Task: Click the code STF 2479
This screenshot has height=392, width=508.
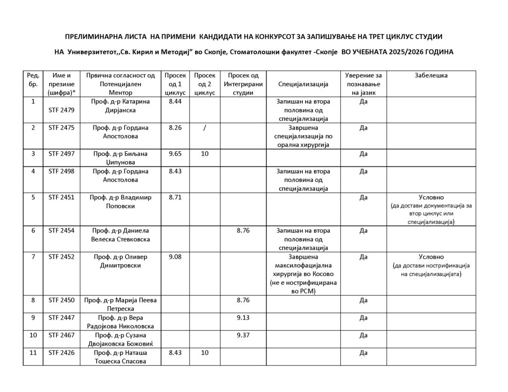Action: [x=62, y=110]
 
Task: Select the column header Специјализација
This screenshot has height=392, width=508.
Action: [x=303, y=84]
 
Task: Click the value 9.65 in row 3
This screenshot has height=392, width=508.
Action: [x=175, y=154]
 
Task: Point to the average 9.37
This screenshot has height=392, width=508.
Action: [x=243, y=336]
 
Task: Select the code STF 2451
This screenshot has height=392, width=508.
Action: [x=62, y=197]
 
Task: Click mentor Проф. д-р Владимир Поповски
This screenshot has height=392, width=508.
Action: [x=121, y=201]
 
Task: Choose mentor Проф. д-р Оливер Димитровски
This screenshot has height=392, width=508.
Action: [x=121, y=261]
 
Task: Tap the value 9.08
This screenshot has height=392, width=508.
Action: [x=175, y=257]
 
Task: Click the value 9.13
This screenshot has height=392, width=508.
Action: [x=243, y=318]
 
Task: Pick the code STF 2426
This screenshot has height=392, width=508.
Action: [x=62, y=353]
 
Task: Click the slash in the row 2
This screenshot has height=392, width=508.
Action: [x=204, y=127]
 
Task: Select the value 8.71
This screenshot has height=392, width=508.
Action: [x=175, y=197]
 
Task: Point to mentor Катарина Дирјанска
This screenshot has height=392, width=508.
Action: [x=121, y=106]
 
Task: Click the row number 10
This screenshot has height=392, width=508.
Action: [x=33, y=336]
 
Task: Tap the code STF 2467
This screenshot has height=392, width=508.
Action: [x=62, y=336]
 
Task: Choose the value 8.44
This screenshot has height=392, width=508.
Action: [x=175, y=101]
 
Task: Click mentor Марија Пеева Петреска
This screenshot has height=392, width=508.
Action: [x=121, y=304]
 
